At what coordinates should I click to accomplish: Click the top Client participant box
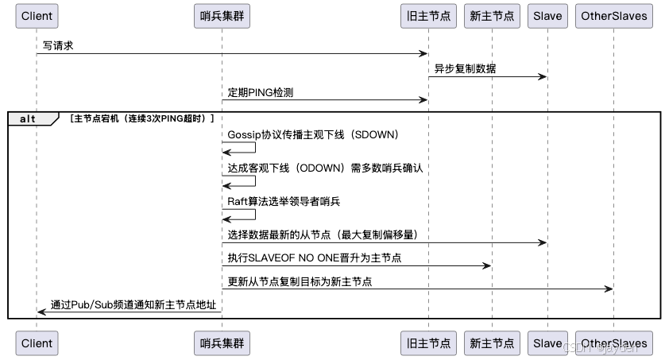pyautogui.click(x=37, y=16)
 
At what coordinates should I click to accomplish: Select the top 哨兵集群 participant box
pyautogui.click(x=222, y=16)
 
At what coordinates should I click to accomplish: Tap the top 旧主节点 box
pyautogui.click(x=428, y=16)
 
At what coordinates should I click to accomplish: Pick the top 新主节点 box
pyautogui.click(x=492, y=16)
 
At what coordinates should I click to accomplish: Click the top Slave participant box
pyautogui.click(x=547, y=16)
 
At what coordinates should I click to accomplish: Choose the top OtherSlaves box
pyautogui.click(x=613, y=16)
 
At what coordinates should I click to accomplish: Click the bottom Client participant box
pyautogui.click(x=37, y=343)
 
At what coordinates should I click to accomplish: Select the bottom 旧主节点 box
pyautogui.click(x=428, y=343)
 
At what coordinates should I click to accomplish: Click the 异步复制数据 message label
pyautogui.click(x=465, y=68)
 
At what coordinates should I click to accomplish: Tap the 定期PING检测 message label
pyautogui.click(x=260, y=92)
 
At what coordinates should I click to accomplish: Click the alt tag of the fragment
pyautogui.click(x=29, y=118)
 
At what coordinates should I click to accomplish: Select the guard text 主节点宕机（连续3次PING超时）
pyautogui.click(x=141, y=118)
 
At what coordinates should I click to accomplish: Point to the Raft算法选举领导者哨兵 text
pyautogui.click(x=284, y=201)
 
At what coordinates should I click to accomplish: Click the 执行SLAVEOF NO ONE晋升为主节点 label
pyautogui.click(x=314, y=257)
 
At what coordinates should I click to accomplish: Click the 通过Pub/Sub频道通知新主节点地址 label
pyautogui.click(x=133, y=304)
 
